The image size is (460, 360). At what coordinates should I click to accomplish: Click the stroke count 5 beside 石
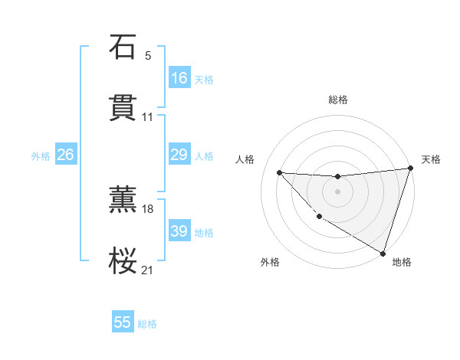pos(148,56)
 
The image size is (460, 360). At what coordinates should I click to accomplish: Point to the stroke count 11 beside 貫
pos(148,117)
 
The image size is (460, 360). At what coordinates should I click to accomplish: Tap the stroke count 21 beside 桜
pos(148,270)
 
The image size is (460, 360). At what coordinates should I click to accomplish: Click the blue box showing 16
pos(179,78)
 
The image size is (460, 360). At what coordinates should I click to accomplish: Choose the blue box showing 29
pos(179,155)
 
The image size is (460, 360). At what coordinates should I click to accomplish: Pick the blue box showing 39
pos(179,231)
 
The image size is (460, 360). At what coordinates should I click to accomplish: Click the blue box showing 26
pos(65,155)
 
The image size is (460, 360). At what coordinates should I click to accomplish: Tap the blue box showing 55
pos(123,322)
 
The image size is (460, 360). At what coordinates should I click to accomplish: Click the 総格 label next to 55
pos(147,324)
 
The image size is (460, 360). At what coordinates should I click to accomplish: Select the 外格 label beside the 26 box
pos(41,156)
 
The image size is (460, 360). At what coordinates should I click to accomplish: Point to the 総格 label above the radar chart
pos(338,100)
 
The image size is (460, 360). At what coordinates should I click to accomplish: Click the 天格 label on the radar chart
pos(431,159)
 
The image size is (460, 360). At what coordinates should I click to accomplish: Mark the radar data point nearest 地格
pos(383,253)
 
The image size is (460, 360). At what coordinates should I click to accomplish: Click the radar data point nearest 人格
pos(279,172)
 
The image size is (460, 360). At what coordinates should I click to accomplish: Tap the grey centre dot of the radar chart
pos(337,191)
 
